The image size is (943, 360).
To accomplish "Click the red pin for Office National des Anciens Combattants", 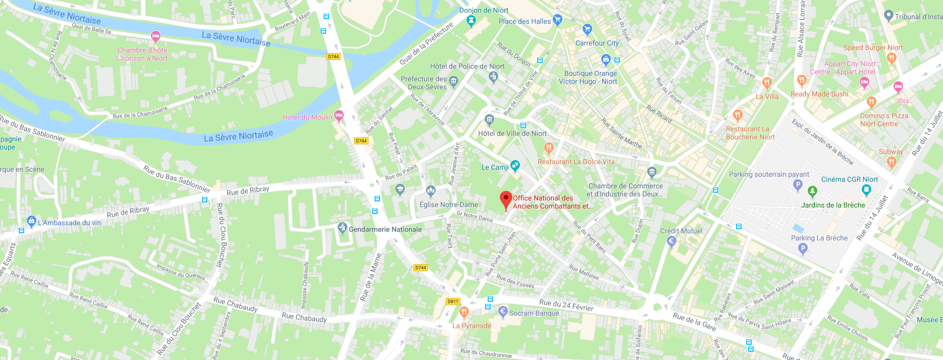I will [506, 199].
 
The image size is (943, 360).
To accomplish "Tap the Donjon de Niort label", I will [484, 10].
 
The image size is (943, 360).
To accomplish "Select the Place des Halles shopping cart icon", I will [557, 20].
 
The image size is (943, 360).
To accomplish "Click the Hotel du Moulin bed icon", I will [339, 116].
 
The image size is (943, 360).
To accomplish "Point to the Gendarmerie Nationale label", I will [385, 229].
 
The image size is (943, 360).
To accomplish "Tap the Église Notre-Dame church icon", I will [431, 190].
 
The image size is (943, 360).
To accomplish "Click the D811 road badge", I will [453, 301].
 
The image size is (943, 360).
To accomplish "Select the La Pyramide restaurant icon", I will [464, 312].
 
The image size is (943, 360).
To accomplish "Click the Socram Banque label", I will [534, 313].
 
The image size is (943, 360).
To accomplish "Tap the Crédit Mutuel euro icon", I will [671, 241].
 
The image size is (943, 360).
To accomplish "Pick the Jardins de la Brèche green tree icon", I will [812, 191].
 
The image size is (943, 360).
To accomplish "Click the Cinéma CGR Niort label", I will [849, 179].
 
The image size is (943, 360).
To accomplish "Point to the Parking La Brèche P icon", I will [803, 248].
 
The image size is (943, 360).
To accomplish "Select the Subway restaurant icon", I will [892, 162].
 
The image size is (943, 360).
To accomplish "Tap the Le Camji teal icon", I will [515, 165].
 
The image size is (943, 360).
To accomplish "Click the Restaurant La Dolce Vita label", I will [576, 162].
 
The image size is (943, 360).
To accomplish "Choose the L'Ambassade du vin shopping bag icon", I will [31, 221].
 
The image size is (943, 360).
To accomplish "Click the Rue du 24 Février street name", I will [566, 305].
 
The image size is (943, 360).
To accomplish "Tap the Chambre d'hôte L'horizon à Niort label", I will [142, 54].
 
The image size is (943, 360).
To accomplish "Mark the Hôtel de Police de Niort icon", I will [494, 77].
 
